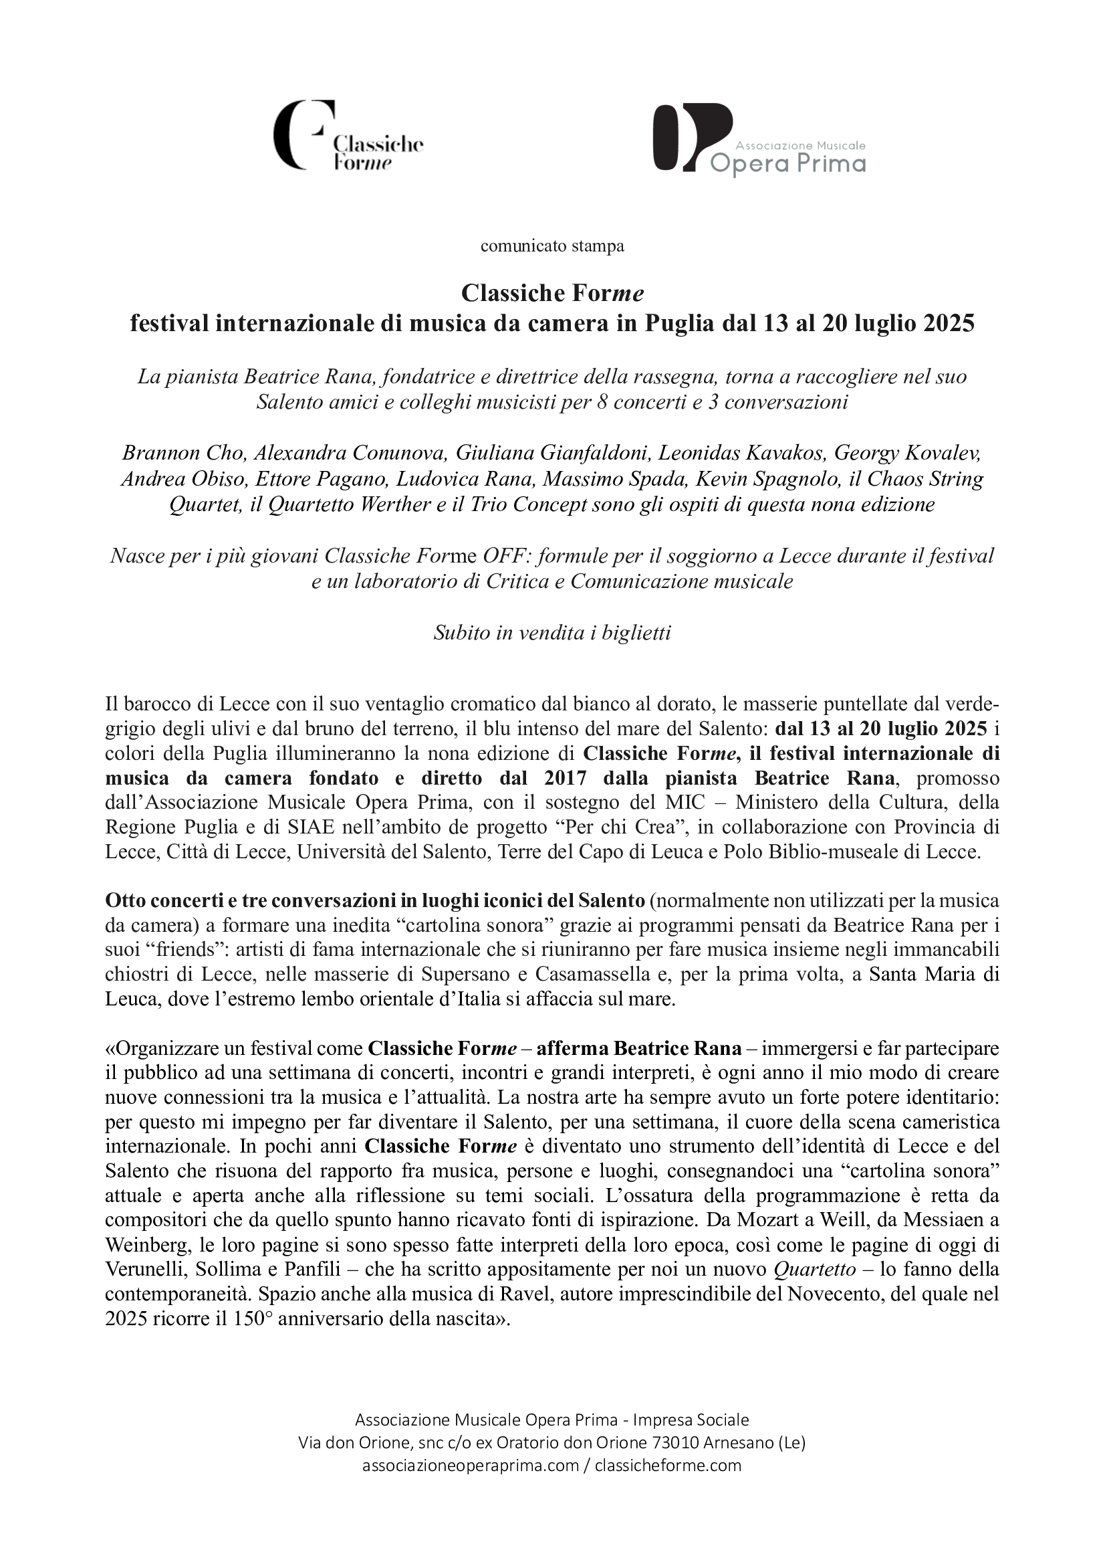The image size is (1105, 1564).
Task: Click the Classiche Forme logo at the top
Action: (348, 136)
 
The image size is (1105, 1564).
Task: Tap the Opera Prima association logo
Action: (759, 138)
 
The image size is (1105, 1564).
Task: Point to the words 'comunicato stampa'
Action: (551, 246)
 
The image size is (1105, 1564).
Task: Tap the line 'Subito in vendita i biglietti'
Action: (552, 633)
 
